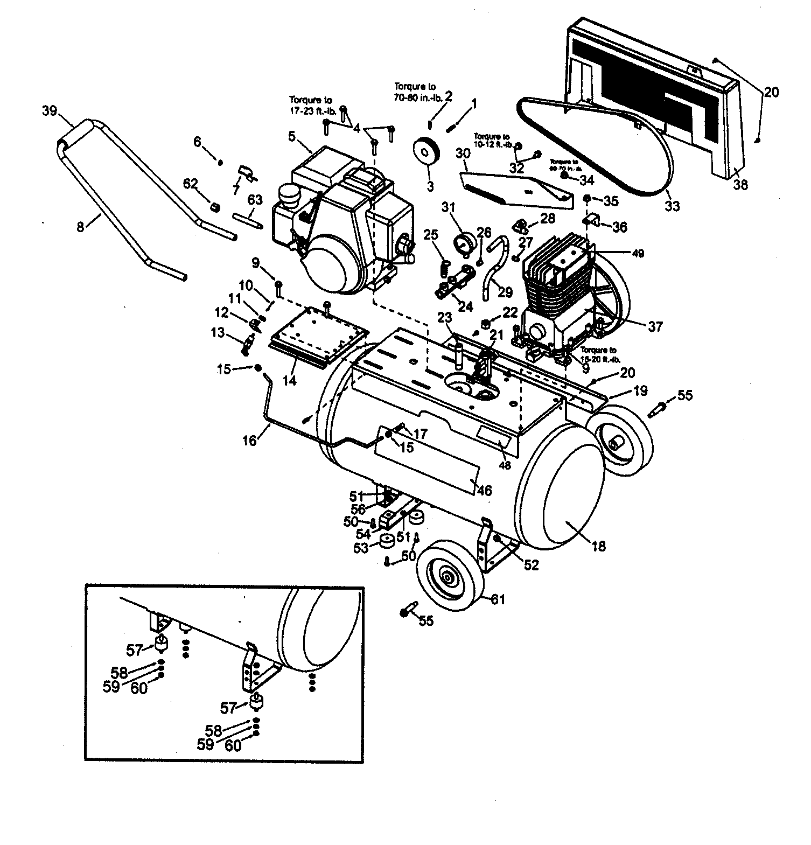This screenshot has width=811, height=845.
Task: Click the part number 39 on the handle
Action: (50, 111)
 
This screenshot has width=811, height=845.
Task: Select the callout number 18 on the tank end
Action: (598, 547)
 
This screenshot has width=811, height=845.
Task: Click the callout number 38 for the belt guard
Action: (742, 185)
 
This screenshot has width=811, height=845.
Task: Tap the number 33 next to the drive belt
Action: (673, 206)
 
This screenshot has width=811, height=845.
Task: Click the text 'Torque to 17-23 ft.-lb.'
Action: (311, 104)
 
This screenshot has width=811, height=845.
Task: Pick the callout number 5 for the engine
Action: (291, 136)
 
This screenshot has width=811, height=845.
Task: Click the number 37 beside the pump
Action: (655, 326)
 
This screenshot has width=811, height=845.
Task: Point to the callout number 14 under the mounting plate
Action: (290, 380)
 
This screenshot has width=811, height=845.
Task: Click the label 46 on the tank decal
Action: (484, 490)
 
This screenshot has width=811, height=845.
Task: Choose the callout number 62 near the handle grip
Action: (191, 184)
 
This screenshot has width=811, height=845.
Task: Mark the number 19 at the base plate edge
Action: (640, 392)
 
